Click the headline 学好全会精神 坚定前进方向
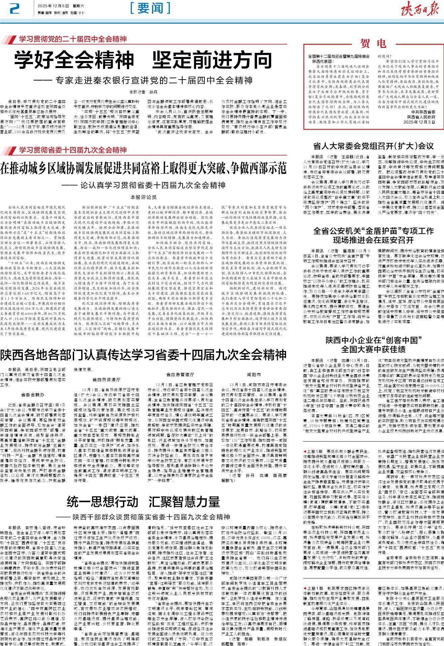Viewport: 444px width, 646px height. [143, 60]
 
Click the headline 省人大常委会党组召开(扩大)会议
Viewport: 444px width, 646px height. [373, 146]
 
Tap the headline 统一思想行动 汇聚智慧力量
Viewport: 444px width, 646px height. [143, 502]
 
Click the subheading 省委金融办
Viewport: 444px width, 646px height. [33, 394]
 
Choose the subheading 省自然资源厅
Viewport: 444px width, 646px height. [106, 379]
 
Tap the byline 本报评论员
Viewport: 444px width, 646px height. [143, 197]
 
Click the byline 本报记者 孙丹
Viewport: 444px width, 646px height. [143, 92]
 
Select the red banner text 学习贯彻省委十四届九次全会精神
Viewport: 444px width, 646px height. [72, 150]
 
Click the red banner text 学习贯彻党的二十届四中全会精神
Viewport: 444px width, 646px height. [72, 39]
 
